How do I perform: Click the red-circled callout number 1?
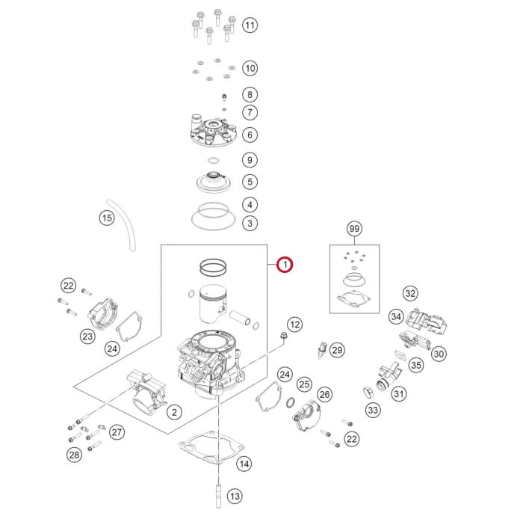pos(285,265)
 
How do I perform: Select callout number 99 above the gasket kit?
pos(354,228)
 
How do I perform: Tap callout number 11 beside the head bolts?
pos(250,25)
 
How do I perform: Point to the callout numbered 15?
pos(107,218)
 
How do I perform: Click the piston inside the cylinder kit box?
pos(214,304)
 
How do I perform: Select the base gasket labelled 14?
pos(211,446)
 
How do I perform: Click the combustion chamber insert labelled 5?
pos(214,182)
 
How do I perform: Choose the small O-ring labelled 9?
pos(214,161)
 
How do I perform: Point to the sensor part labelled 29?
pos(322,350)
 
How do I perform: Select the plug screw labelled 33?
pos(368,392)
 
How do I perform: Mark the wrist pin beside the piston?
pos(240,317)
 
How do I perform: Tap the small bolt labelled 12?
pos(284,336)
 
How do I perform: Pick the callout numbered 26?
pos(324,394)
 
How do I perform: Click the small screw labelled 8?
pos(225,97)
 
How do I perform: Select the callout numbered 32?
pos(410,293)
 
